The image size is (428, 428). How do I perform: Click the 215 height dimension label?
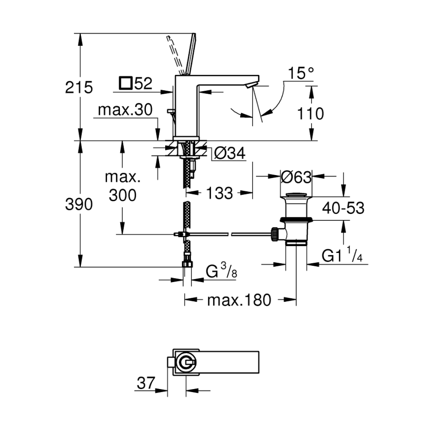[x=79, y=88]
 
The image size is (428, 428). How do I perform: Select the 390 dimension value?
[x=79, y=205]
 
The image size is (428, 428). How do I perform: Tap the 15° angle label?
[x=301, y=73]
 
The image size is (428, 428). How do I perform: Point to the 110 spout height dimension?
[x=311, y=114]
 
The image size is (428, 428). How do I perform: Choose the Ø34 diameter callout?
[x=229, y=154]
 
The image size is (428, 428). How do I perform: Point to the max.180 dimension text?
[x=239, y=299]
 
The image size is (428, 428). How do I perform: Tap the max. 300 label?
[x=122, y=187]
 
